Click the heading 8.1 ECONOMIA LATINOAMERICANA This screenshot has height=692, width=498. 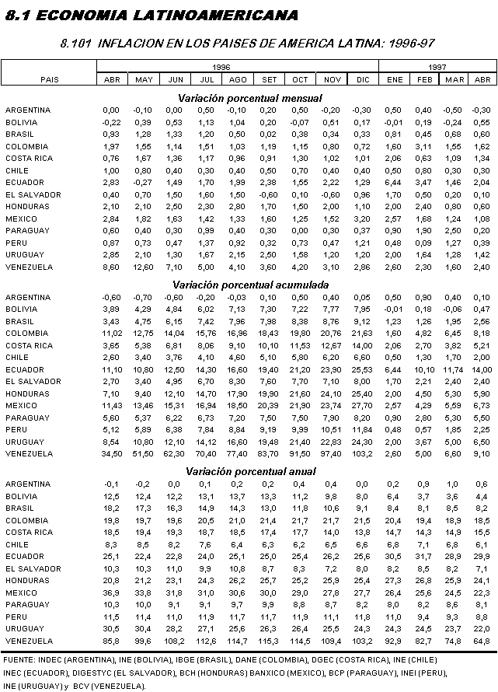[x=151, y=15]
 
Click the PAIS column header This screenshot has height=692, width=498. [x=48, y=79]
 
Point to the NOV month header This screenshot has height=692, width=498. [x=331, y=79]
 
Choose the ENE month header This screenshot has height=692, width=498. [x=394, y=79]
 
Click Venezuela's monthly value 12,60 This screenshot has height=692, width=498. [x=143, y=267]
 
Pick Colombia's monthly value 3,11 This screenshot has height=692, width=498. [x=424, y=146]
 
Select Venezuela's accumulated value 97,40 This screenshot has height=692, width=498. [x=330, y=453]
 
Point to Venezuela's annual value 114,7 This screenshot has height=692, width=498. [x=237, y=640]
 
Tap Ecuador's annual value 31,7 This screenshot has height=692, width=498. [x=423, y=556]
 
